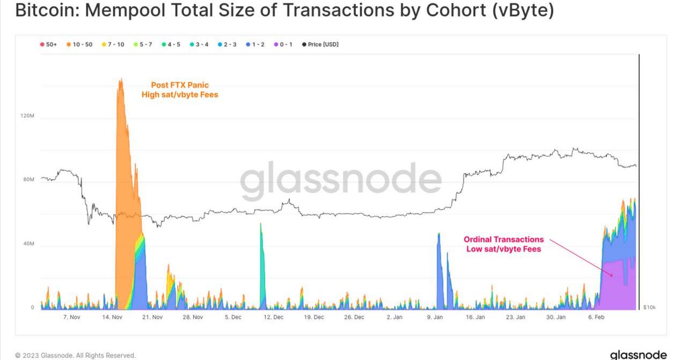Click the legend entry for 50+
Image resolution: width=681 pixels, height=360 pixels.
point(49,45)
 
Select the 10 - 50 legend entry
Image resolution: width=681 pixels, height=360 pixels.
point(79,45)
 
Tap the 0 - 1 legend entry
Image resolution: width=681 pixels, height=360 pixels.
point(284,45)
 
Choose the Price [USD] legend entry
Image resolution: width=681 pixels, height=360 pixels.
point(320,45)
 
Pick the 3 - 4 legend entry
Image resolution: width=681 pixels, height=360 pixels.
point(199,45)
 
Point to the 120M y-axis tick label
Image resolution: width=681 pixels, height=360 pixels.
point(28,116)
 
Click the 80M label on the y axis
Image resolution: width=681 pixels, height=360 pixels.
point(29,180)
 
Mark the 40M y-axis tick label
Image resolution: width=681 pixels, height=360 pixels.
point(29,244)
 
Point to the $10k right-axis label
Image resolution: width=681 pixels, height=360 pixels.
point(649,307)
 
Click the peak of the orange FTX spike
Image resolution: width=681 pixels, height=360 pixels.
point(121,80)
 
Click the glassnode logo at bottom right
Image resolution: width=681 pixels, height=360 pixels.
point(638,355)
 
